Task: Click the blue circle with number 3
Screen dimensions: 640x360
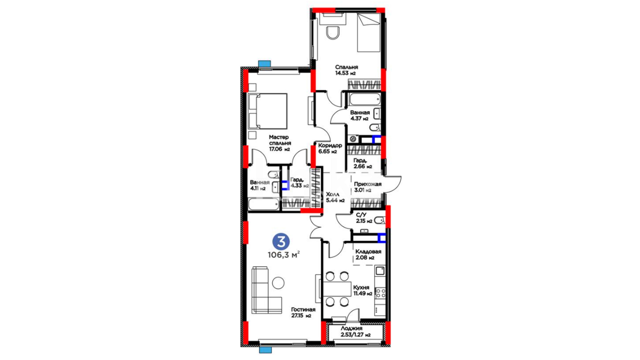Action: (x=281, y=241)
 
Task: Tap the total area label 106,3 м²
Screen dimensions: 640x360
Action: (x=284, y=255)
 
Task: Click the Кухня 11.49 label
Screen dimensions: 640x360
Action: (x=363, y=290)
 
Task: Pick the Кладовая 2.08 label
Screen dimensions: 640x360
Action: (x=368, y=255)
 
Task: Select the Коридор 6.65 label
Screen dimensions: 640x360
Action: (x=330, y=148)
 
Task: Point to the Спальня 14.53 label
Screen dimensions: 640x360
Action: (x=346, y=70)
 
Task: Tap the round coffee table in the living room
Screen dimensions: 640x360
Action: (x=278, y=283)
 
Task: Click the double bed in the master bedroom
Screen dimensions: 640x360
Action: (x=267, y=111)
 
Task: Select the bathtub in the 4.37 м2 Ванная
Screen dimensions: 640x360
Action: (x=364, y=99)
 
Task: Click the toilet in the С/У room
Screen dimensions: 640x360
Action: (x=380, y=220)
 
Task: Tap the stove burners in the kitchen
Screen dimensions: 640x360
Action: (x=380, y=293)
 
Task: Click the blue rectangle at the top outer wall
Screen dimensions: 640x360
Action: (x=265, y=64)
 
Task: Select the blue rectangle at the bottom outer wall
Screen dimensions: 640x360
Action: (x=265, y=350)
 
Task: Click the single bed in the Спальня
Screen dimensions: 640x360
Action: (x=369, y=33)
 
